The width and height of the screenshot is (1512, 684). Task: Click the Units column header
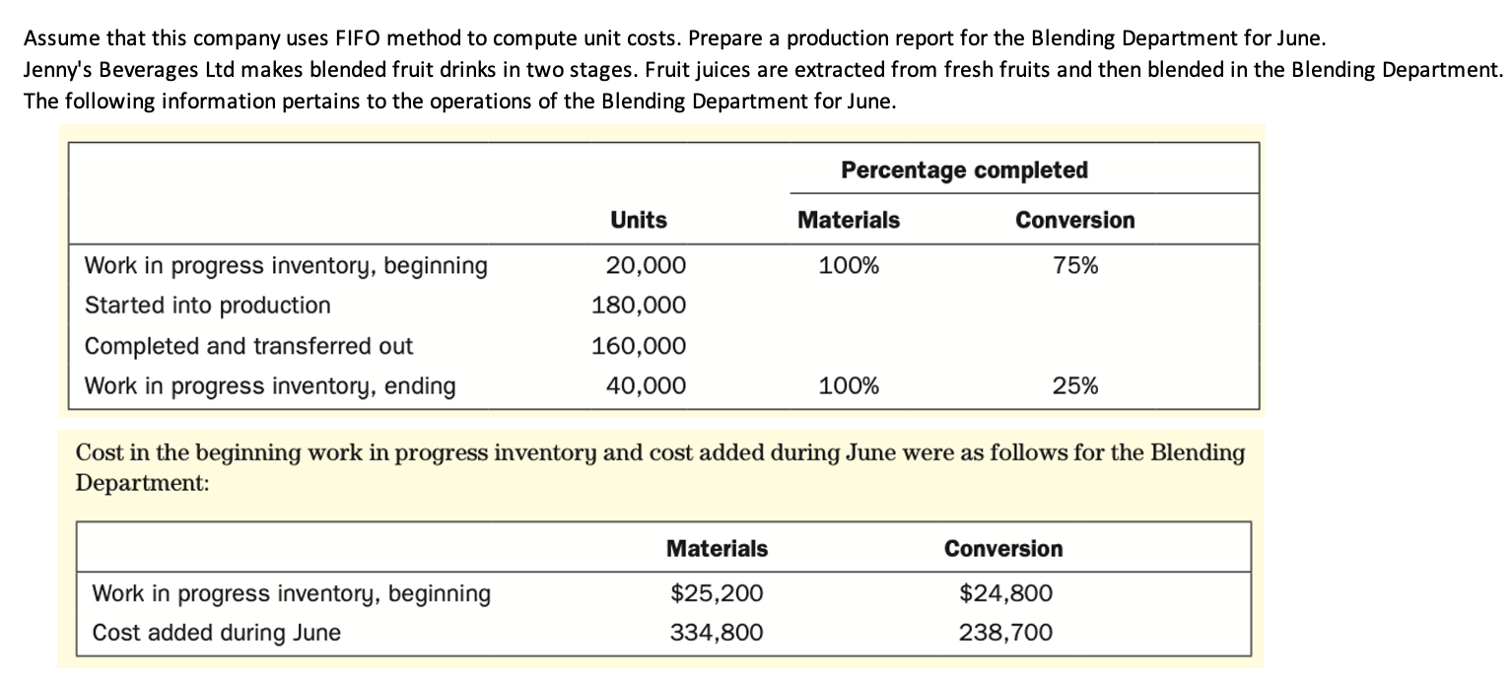[x=639, y=220]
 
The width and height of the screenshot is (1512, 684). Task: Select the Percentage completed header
[x=964, y=170]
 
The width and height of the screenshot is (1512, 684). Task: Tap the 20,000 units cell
[x=646, y=266]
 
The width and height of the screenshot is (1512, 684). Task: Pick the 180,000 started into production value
[x=639, y=306]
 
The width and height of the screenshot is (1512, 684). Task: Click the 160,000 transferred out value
[x=639, y=346]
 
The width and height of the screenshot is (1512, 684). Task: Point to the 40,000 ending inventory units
[x=646, y=385]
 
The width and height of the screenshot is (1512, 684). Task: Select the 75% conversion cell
[x=1075, y=266]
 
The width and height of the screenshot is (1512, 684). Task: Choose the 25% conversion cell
[x=1075, y=385]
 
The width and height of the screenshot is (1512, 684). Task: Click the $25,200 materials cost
[x=717, y=593]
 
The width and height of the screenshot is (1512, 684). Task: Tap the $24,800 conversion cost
[x=1005, y=593]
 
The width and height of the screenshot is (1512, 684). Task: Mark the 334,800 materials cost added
[x=717, y=633]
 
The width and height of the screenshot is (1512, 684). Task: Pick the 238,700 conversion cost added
[x=1005, y=633]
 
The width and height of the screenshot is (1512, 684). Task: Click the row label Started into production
[x=208, y=306]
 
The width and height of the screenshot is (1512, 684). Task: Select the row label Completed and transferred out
[x=249, y=346]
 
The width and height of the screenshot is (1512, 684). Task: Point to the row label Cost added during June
[x=217, y=633]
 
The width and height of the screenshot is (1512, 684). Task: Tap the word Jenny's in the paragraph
[x=56, y=72]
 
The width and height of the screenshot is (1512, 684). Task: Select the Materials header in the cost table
[x=717, y=548]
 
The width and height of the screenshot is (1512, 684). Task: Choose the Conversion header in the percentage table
[x=1075, y=220]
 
